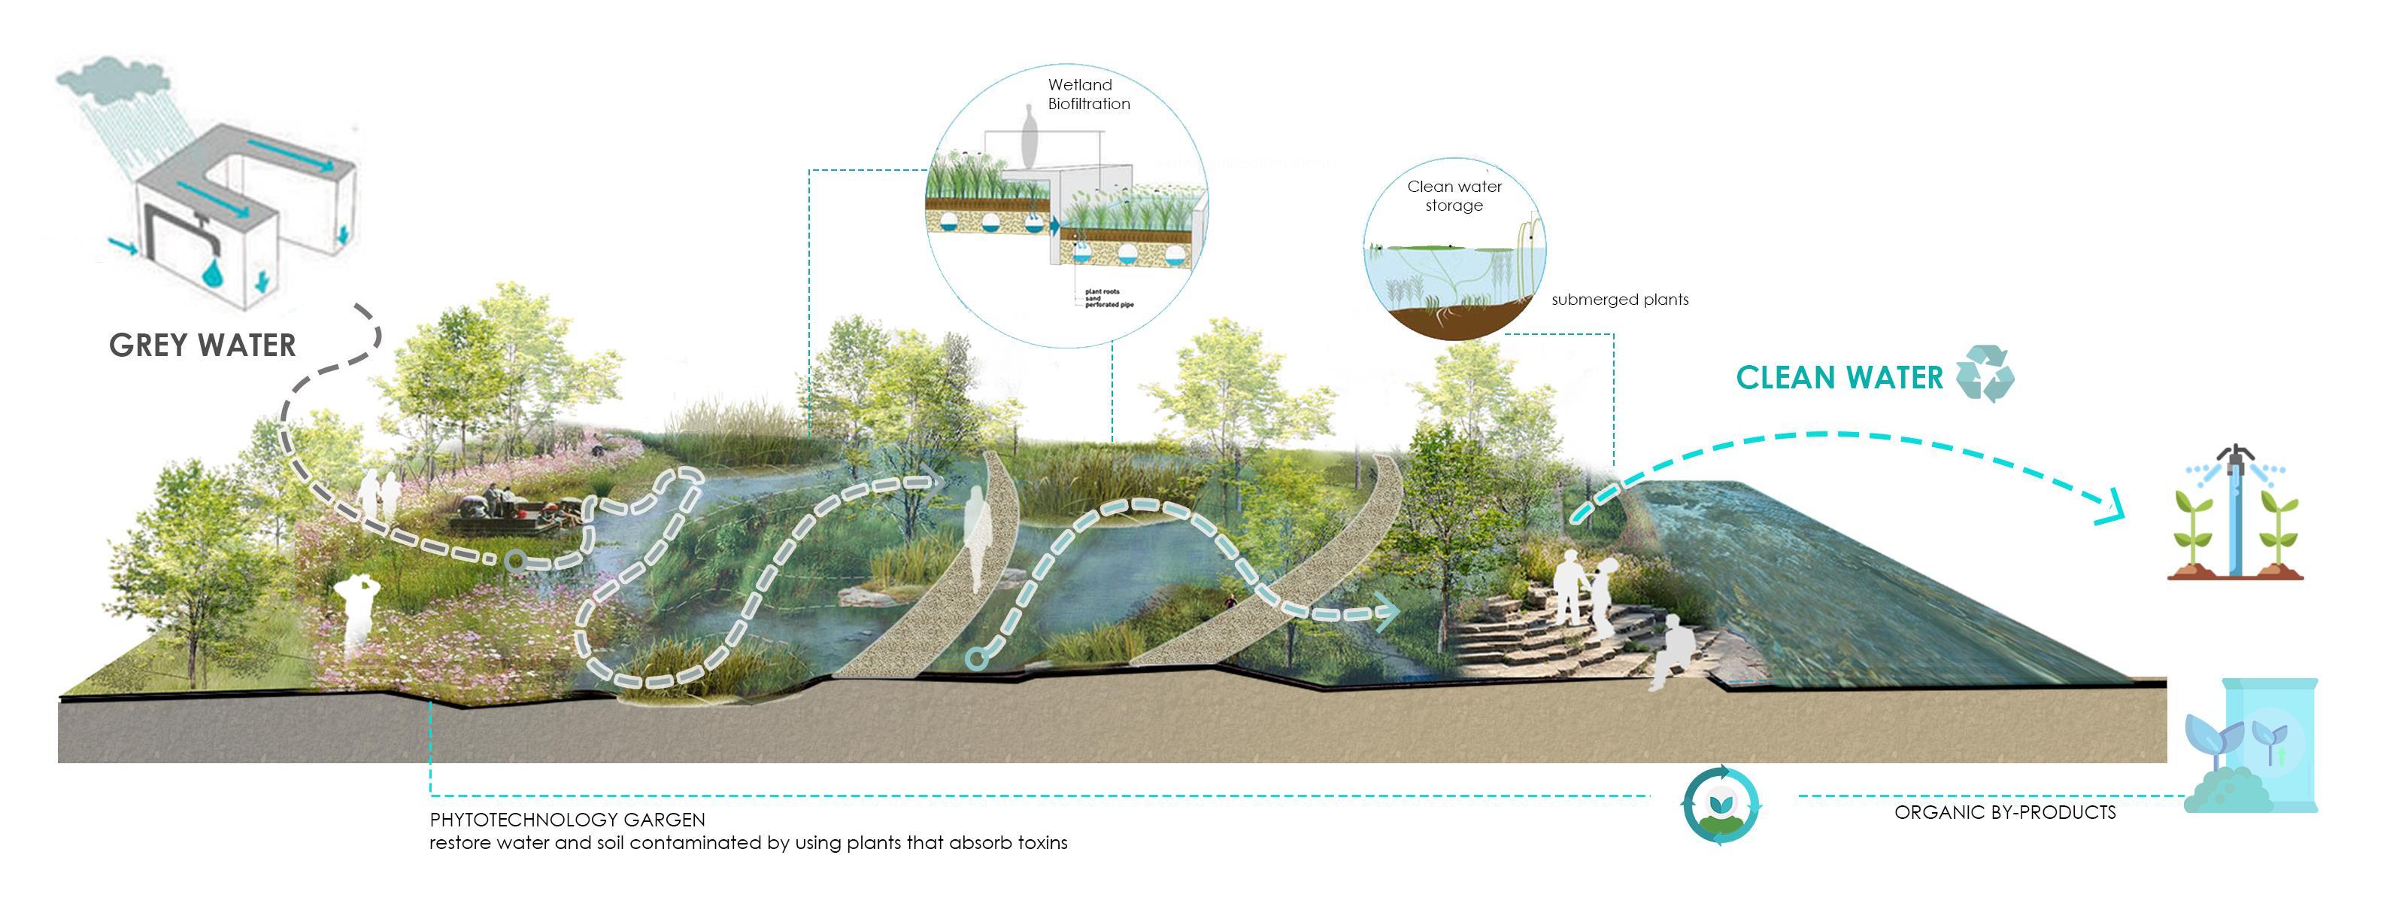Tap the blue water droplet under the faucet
click(214, 273)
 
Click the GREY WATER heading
click(202, 345)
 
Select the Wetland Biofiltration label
click(1087, 94)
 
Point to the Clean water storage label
click(1454, 196)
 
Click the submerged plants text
click(1620, 300)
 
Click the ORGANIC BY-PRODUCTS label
click(2005, 812)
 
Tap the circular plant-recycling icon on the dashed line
click(1721, 805)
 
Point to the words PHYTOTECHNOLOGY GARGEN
click(567, 820)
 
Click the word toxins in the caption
click(1042, 843)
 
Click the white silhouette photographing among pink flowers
click(357, 616)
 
